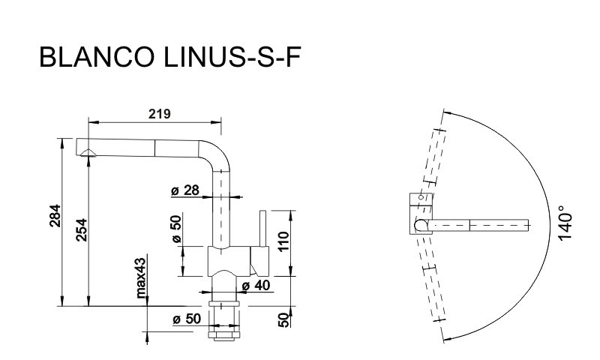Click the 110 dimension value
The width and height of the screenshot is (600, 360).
tap(283, 239)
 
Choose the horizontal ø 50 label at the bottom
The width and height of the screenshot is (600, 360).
tap(186, 318)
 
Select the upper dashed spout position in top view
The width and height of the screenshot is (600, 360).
tap(433, 157)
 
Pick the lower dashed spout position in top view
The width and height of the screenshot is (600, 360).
tap(433, 289)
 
